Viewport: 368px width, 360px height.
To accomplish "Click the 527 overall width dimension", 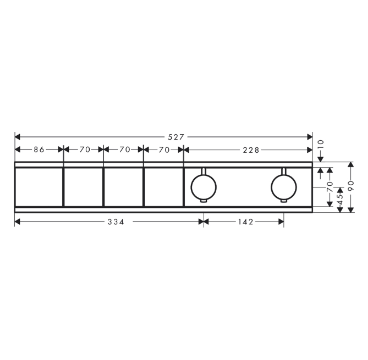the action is click(176, 137).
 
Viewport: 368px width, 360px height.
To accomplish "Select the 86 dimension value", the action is click(39, 149).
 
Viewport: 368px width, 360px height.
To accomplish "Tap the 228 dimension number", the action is click(251, 150).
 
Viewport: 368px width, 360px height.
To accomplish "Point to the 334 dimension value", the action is click(116, 221).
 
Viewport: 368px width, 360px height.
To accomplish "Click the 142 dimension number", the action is click(246, 221).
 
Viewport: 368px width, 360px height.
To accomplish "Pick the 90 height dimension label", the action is click(351, 186).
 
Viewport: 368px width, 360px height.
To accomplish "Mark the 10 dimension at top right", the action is click(321, 143).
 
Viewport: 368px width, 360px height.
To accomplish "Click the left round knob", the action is click(204, 187).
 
